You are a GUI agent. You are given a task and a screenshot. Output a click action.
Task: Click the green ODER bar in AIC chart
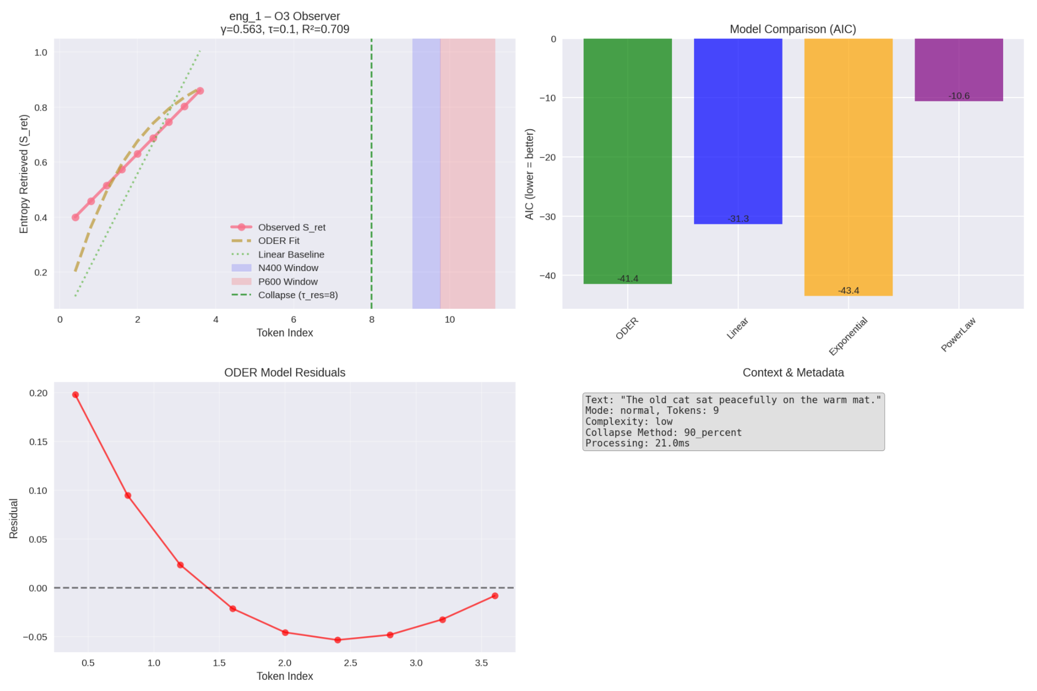pyautogui.click(x=627, y=161)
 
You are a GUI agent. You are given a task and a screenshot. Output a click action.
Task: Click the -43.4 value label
pyautogui.click(x=848, y=290)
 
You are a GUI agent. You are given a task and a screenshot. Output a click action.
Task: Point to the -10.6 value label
pyautogui.click(x=958, y=96)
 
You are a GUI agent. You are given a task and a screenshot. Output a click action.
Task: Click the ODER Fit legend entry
pyautogui.click(x=278, y=241)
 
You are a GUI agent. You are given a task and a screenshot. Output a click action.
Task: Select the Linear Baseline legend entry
pyautogui.click(x=291, y=254)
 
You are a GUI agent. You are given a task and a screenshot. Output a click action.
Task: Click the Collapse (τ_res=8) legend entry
pyautogui.click(x=298, y=295)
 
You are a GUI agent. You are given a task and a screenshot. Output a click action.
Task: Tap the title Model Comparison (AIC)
pyautogui.click(x=793, y=29)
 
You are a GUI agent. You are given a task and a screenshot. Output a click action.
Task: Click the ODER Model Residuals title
pyautogui.click(x=284, y=372)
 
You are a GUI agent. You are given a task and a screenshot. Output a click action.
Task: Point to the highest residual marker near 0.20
pyautogui.click(x=76, y=395)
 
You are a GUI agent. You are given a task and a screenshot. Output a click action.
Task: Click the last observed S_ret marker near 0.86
pyautogui.click(x=200, y=91)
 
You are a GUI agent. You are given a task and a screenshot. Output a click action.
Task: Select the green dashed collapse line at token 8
pyautogui.click(x=371, y=176)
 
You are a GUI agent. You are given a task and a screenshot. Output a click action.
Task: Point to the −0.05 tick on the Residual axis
pyautogui.click(x=35, y=637)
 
